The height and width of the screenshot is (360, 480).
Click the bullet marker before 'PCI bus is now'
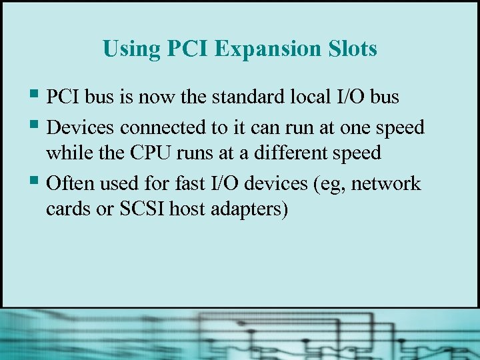(x=35, y=95)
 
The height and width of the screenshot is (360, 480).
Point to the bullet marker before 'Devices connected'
(x=35, y=125)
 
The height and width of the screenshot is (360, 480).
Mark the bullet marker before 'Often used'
(x=35, y=181)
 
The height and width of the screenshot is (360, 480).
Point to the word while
(x=65, y=153)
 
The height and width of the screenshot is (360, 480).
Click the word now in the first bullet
(x=156, y=97)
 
